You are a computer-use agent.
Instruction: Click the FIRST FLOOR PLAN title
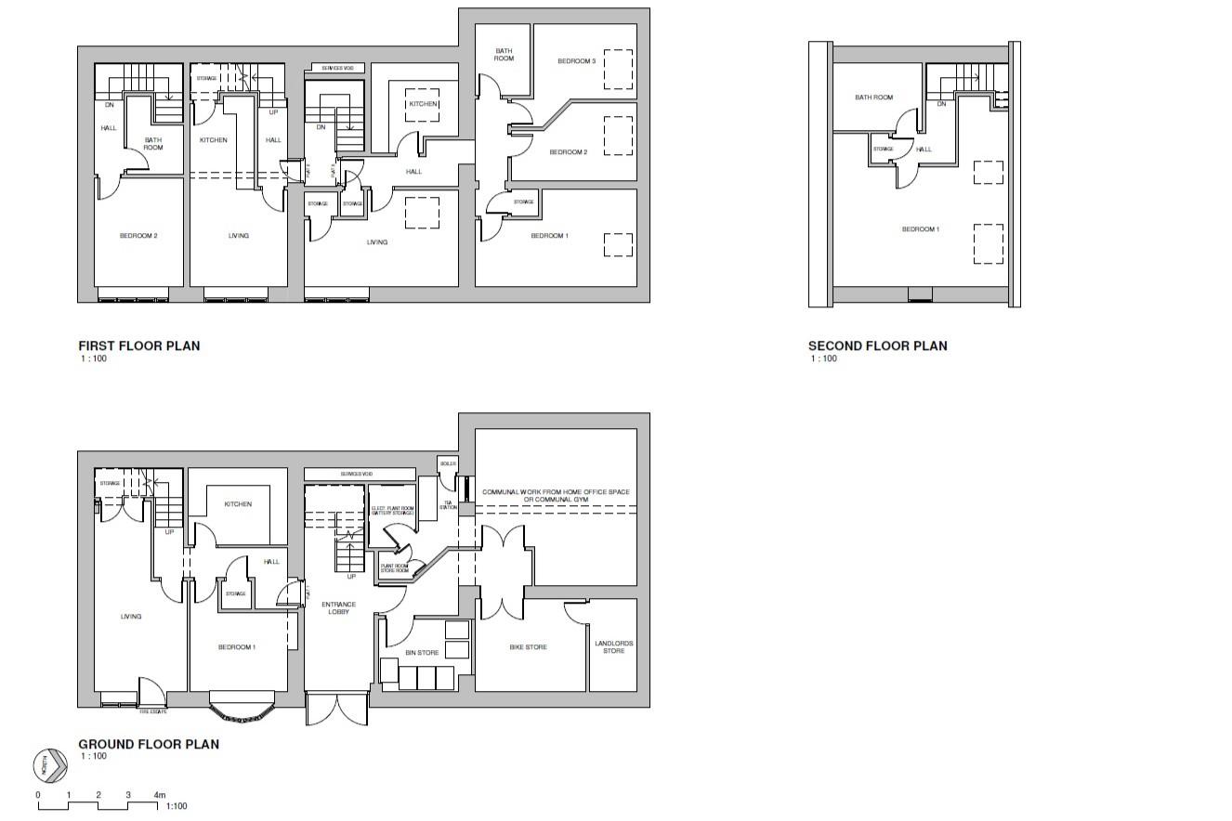[138, 345]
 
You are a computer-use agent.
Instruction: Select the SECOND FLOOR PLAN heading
[877, 345]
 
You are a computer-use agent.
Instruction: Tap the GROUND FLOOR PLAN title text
[149, 744]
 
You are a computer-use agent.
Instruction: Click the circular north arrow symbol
[50, 765]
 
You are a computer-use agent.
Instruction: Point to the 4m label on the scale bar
[159, 795]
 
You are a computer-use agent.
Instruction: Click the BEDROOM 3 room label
[576, 61]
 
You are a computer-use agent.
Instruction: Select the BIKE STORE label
[528, 646]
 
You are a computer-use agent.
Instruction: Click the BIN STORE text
[422, 653]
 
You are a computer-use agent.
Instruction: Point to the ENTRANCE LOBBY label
[338, 607]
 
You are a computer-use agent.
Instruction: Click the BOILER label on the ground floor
[449, 463]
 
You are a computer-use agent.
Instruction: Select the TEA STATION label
[449, 504]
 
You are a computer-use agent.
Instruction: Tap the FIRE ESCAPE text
[153, 711]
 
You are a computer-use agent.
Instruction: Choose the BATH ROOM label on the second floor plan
[873, 98]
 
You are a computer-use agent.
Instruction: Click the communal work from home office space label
[556, 495]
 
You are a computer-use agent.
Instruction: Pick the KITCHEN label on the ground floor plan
[238, 504]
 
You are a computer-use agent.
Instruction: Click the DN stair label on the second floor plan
[941, 104]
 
